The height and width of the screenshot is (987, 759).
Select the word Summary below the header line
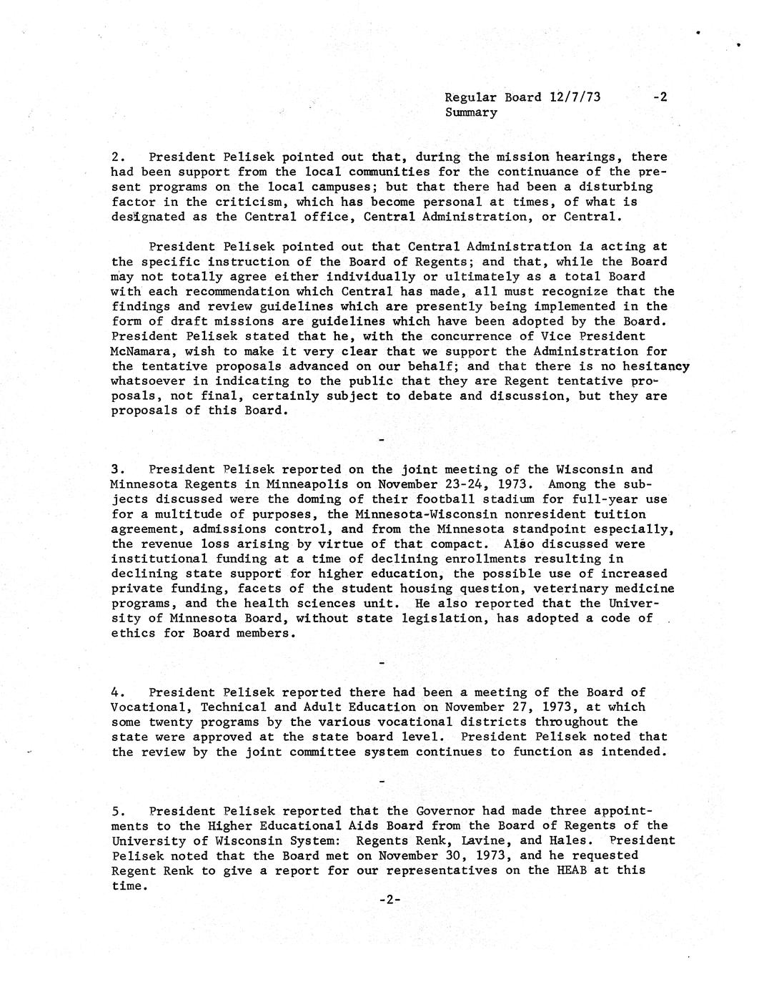click(x=471, y=112)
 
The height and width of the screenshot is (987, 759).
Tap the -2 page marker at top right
click(x=660, y=97)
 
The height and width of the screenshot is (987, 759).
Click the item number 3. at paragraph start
click(x=118, y=470)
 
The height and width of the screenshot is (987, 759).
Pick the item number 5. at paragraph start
click(x=118, y=811)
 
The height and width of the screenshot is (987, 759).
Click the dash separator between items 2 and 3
click(x=382, y=439)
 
